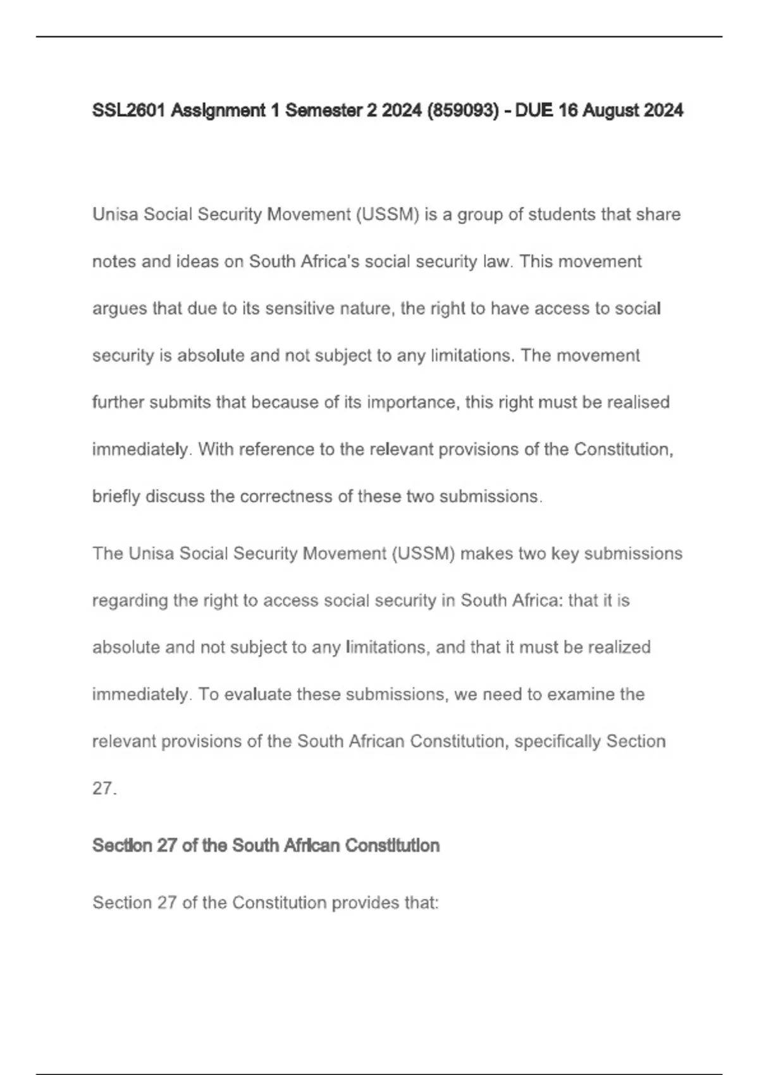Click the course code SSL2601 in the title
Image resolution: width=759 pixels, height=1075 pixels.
129,111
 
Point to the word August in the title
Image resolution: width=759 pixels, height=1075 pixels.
610,111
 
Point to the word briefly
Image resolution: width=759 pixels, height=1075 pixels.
116,496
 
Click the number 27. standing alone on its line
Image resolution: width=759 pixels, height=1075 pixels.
104,789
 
